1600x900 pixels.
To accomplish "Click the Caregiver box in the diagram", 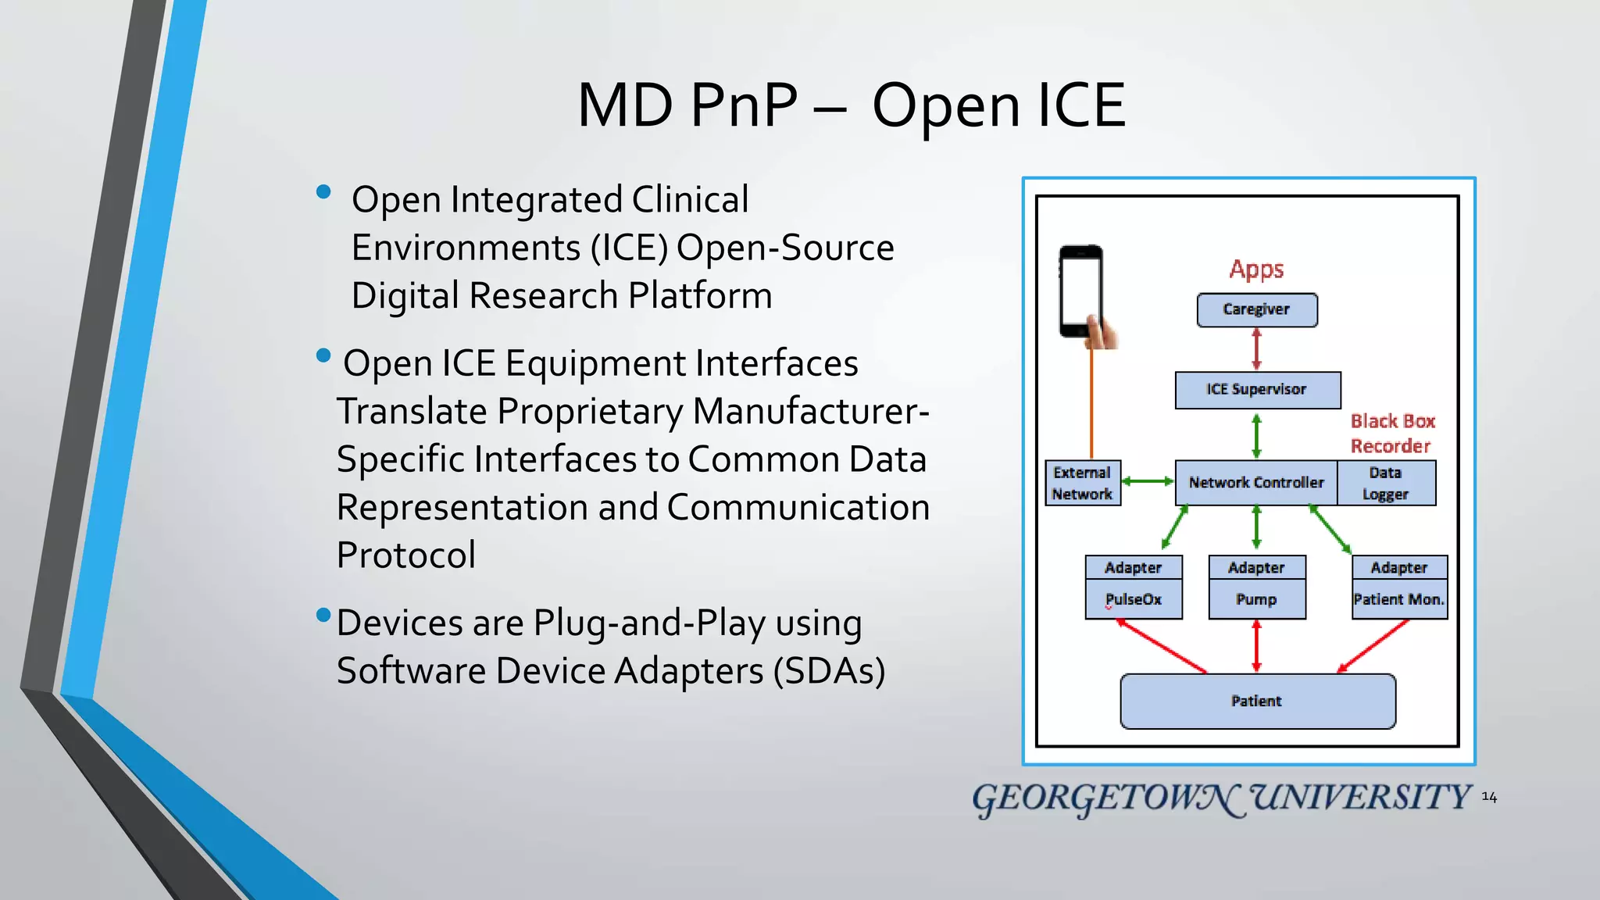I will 1256,310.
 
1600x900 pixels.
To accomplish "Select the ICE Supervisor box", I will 1257,390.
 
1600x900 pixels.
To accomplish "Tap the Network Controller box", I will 1256,483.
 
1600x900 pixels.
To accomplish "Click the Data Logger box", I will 1385,484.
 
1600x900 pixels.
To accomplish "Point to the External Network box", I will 1082,484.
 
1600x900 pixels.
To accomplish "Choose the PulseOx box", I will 1133,600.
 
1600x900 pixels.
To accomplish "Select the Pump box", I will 1256,600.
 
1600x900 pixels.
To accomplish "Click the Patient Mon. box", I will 1398,600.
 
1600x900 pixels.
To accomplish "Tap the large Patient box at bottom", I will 1256,702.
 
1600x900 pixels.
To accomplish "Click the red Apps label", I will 1256,270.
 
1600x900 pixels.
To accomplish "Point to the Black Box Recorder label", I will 1392,434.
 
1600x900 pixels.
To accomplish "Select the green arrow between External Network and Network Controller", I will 1148,482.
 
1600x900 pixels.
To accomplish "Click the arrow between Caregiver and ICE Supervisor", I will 1256,349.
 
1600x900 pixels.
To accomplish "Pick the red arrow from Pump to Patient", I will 1256,646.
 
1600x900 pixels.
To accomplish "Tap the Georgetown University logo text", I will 1221,798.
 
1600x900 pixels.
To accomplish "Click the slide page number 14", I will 1489,798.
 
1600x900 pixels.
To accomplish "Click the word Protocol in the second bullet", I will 405,555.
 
